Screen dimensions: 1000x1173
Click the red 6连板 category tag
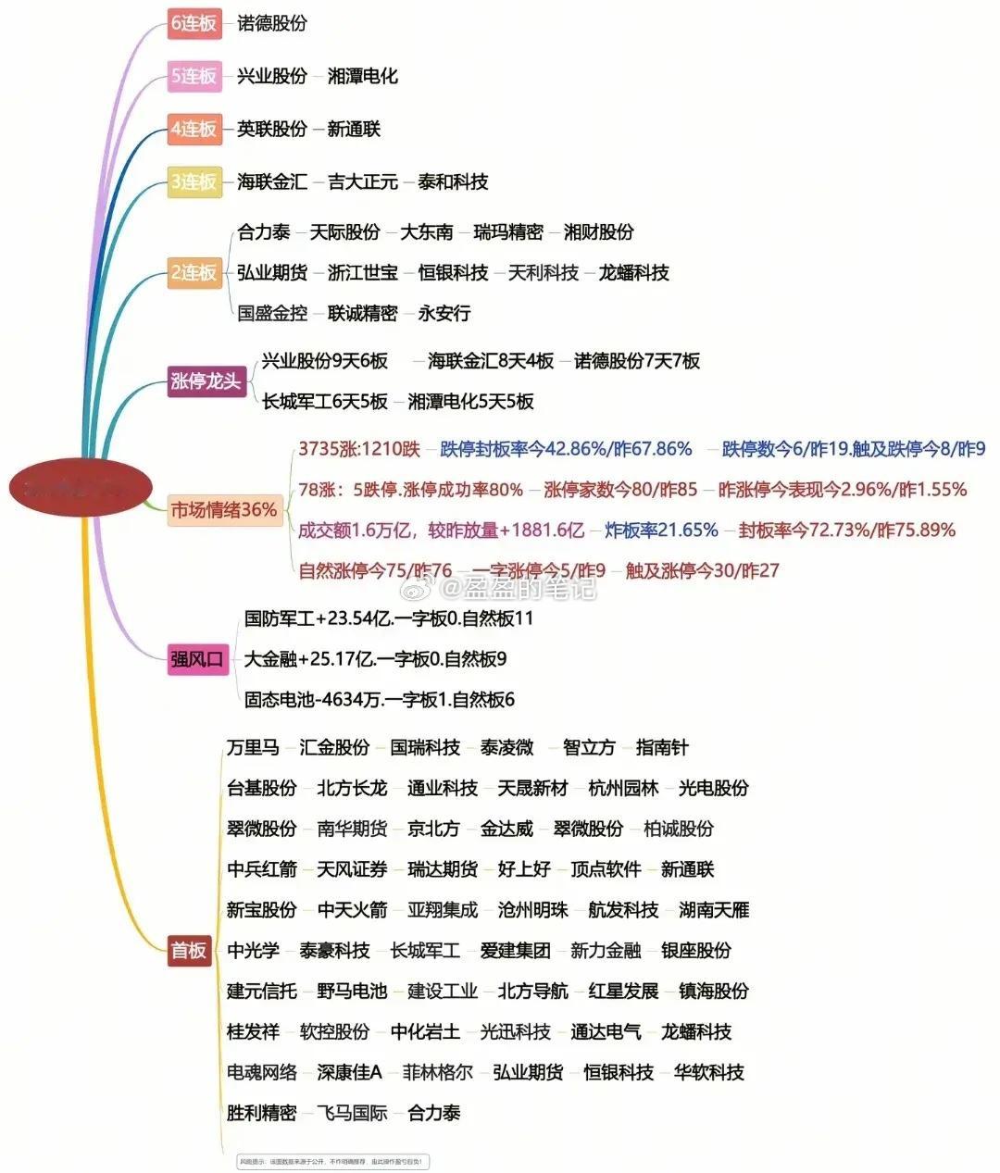coord(194,23)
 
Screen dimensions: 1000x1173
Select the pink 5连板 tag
coord(194,76)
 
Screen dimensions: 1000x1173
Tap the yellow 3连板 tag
coord(194,181)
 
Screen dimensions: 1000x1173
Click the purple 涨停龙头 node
coord(206,381)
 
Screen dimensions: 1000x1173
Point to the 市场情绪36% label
coord(224,509)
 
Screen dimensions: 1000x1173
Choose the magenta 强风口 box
coord(197,659)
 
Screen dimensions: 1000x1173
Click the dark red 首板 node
coord(189,950)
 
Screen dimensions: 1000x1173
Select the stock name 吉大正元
coord(362,181)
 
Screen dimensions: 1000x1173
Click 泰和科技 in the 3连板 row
coord(453,181)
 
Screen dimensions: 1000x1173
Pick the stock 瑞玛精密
coord(508,231)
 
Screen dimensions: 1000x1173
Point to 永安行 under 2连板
coord(444,313)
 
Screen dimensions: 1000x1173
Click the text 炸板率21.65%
coord(661,530)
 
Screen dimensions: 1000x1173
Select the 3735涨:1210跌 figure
coord(359,448)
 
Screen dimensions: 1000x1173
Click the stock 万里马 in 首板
coord(253,747)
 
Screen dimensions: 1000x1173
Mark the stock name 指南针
coord(662,747)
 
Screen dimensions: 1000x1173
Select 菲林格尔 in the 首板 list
coord(437,1072)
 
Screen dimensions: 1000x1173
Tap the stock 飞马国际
coord(352,1113)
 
